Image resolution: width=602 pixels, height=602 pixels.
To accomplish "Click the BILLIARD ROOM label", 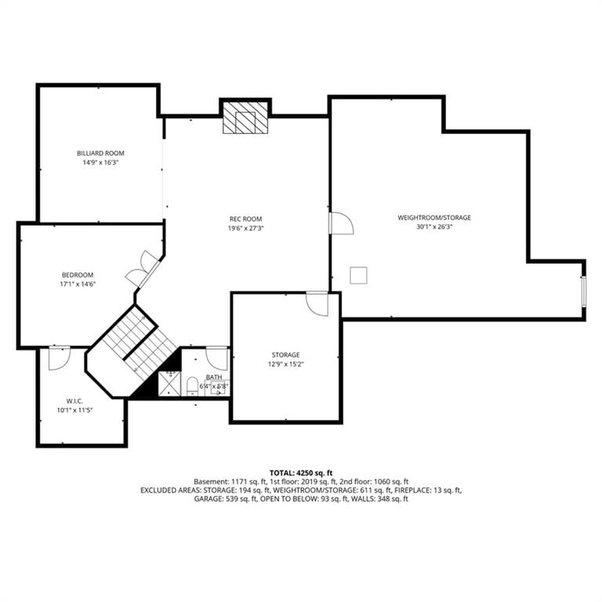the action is (100, 153).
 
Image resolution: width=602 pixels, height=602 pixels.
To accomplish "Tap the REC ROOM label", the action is (245, 219).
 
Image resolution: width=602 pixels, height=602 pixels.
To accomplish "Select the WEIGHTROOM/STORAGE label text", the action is (434, 218).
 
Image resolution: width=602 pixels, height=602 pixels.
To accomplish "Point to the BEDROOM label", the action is (78, 275).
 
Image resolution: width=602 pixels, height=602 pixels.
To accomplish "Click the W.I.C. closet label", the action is (74, 401).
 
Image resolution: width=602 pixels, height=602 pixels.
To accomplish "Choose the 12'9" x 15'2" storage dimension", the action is (286, 364).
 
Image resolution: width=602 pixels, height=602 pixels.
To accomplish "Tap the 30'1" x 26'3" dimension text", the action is (434, 227).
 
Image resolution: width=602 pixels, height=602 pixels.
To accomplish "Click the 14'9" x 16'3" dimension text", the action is (100, 162).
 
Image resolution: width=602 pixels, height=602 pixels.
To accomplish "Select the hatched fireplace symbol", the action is (245, 118).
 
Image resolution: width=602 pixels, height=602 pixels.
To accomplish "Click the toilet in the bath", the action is (192, 386).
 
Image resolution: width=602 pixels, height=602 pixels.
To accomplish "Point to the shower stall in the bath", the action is (169, 383).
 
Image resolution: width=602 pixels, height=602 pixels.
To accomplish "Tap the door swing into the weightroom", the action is (341, 223).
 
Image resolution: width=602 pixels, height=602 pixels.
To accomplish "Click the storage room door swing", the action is (317, 303).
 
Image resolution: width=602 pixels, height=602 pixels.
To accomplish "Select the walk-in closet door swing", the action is (60, 358).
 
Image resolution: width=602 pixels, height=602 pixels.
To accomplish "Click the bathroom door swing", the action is (218, 359).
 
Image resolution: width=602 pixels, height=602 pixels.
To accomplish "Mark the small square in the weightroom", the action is (358, 275).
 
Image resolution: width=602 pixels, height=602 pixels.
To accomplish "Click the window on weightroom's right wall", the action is (583, 291).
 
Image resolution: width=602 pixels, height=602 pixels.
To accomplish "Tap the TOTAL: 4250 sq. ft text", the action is (301, 473).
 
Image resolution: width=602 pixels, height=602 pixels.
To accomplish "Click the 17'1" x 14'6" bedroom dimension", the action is (78, 285).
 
